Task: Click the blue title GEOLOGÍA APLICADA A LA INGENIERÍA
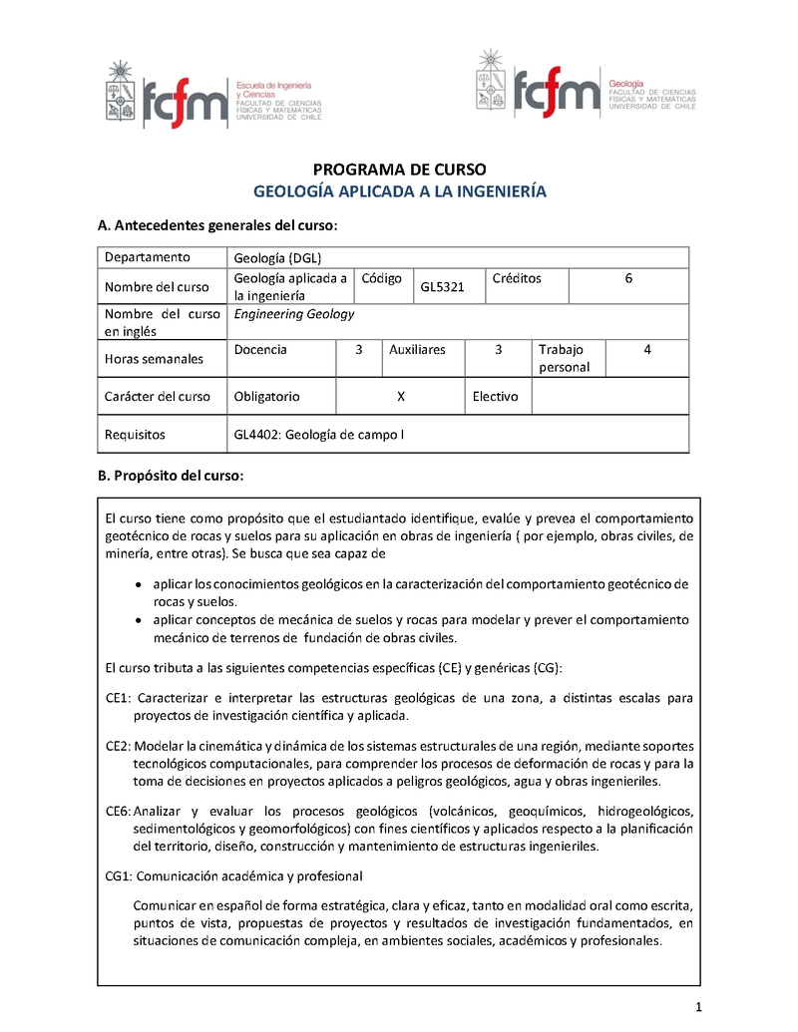pyautogui.click(x=400, y=191)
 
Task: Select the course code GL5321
pyautogui.click(x=442, y=287)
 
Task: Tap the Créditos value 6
pyautogui.click(x=628, y=279)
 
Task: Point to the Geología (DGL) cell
pyautogui.click(x=271, y=257)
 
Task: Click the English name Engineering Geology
pyautogui.click(x=294, y=314)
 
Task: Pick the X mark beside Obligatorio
pyautogui.click(x=400, y=396)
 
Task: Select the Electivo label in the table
pyautogui.click(x=496, y=396)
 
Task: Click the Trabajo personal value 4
pyautogui.click(x=647, y=350)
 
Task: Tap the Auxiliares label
pyautogui.click(x=417, y=350)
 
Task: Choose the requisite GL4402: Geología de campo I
pyautogui.click(x=318, y=435)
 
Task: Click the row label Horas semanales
pyautogui.click(x=154, y=359)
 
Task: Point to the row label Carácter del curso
pyautogui.click(x=158, y=396)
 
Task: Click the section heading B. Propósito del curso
pyautogui.click(x=170, y=476)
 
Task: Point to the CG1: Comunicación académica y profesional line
pyautogui.click(x=233, y=875)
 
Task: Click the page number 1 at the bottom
pyautogui.click(x=700, y=1005)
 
